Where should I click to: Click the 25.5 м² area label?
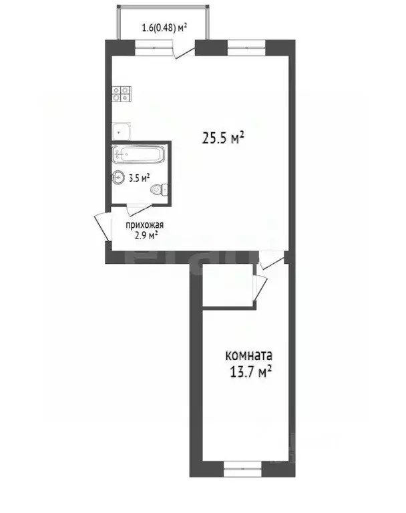click(x=224, y=138)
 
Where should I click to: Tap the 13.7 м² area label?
click(x=251, y=371)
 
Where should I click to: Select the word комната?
click(x=249, y=355)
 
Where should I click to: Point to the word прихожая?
click(x=145, y=225)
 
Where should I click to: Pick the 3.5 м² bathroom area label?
click(x=140, y=178)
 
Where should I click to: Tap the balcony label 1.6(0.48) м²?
click(x=164, y=27)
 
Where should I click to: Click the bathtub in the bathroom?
click(x=138, y=154)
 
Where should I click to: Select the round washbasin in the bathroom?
click(x=118, y=178)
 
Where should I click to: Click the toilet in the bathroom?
click(x=160, y=190)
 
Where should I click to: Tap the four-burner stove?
click(x=122, y=94)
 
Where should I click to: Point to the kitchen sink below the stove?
click(x=121, y=131)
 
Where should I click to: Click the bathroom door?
click(x=140, y=210)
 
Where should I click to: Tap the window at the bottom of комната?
click(x=243, y=469)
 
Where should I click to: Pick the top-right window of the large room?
click(x=246, y=48)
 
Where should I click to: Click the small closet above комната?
click(x=228, y=285)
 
